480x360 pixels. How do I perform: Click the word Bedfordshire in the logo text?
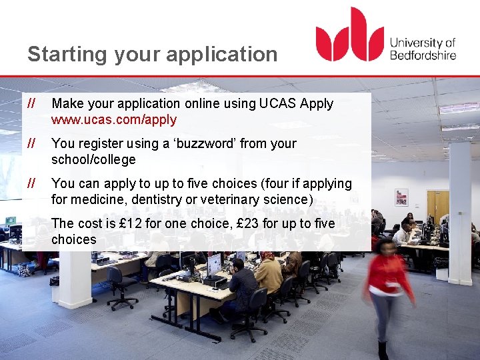click(x=423, y=55)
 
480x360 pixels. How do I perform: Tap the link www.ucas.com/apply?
click(x=114, y=120)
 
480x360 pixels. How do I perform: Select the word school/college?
click(x=93, y=160)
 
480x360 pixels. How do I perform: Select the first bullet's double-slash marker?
click(x=31, y=103)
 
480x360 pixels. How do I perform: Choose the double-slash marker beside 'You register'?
click(x=31, y=143)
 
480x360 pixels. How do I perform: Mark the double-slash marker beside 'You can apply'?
click(x=31, y=183)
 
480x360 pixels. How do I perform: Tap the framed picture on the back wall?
click(x=401, y=197)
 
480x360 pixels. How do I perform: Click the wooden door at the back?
click(x=437, y=207)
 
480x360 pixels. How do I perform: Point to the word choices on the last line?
click(x=73, y=240)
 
